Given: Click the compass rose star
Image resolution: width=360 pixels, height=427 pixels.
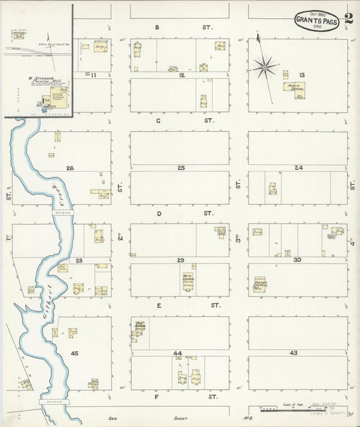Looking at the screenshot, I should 264,66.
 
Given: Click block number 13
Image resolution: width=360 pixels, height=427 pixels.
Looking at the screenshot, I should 302,74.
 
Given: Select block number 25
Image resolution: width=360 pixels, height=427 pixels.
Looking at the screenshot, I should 180,167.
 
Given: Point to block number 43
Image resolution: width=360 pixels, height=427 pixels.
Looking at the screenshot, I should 293,353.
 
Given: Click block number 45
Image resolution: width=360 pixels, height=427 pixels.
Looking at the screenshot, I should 74,353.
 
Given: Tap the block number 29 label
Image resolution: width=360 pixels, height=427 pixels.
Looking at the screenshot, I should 180,260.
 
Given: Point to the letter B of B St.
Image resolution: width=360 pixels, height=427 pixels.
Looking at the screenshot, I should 157,28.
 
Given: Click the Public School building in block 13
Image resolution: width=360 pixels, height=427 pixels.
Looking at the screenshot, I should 294,90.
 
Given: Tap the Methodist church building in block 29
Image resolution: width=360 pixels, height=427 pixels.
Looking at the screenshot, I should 188,281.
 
